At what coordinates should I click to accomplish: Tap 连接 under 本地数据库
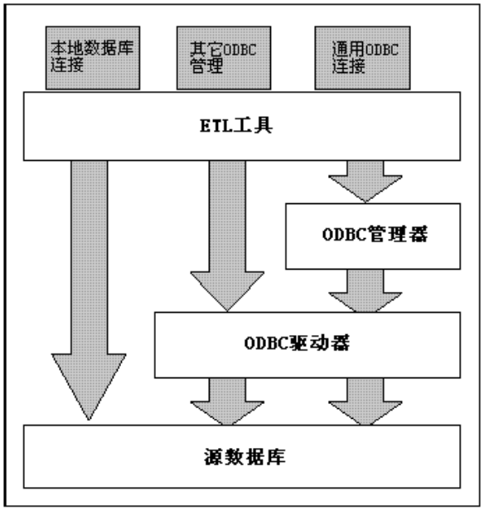coord(65,64)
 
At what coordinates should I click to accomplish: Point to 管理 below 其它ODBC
coord(194,64)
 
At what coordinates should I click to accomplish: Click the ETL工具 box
coord(240,126)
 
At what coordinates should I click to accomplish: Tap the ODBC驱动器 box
coord(306,344)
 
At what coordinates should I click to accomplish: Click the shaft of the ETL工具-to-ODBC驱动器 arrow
coord(225,216)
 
